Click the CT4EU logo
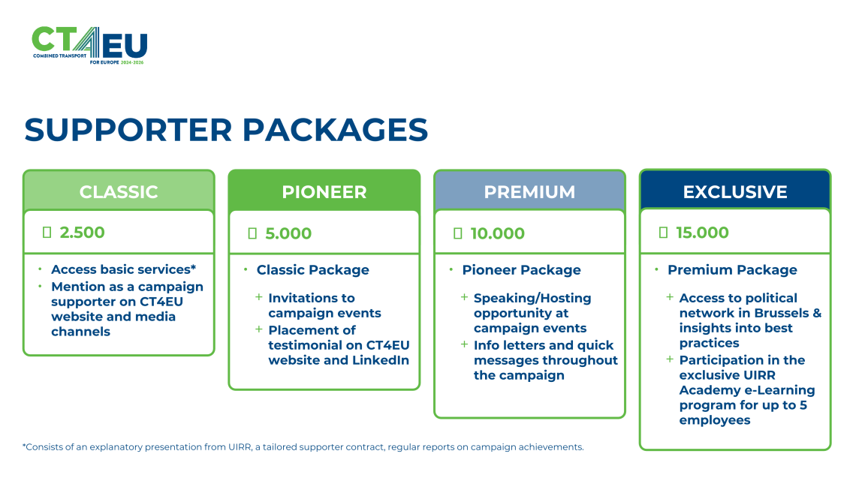click(x=89, y=45)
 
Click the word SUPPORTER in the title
click(x=128, y=130)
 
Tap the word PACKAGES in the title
click(x=335, y=130)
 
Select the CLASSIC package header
click(x=119, y=191)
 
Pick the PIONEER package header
click(x=324, y=191)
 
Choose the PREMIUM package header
click(x=529, y=191)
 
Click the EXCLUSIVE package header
click(x=735, y=191)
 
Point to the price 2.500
click(x=82, y=233)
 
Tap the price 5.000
click(x=288, y=233)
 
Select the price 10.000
click(x=497, y=233)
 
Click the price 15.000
click(x=702, y=233)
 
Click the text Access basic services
click(x=121, y=269)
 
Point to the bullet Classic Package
click(x=313, y=270)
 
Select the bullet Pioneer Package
click(x=521, y=270)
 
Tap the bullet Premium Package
click(x=732, y=270)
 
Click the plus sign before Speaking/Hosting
click(x=464, y=297)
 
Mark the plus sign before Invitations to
click(x=259, y=297)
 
